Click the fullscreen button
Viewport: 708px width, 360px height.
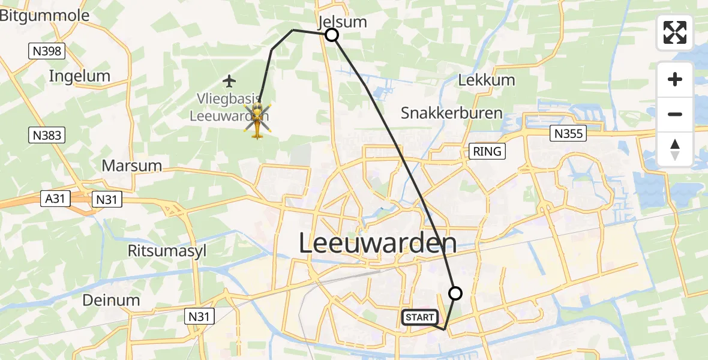(675, 32)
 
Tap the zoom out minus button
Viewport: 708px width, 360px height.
(675, 114)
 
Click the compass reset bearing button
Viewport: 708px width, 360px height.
(675, 149)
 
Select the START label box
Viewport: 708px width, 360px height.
(420, 317)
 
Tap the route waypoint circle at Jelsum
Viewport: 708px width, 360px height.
(332, 35)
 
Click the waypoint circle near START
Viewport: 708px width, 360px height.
(455, 293)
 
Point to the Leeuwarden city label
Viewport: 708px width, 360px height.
(377, 244)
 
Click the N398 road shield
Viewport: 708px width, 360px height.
(46, 51)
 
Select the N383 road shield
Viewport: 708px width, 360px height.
(46, 136)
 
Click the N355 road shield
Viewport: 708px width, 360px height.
(568, 133)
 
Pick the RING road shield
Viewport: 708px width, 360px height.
(487, 151)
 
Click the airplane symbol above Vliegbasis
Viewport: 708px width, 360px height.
(229, 80)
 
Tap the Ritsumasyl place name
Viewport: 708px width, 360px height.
(167, 250)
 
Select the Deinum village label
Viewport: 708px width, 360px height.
(111, 300)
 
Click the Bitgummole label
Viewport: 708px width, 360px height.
(45, 16)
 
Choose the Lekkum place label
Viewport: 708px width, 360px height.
(486, 80)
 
